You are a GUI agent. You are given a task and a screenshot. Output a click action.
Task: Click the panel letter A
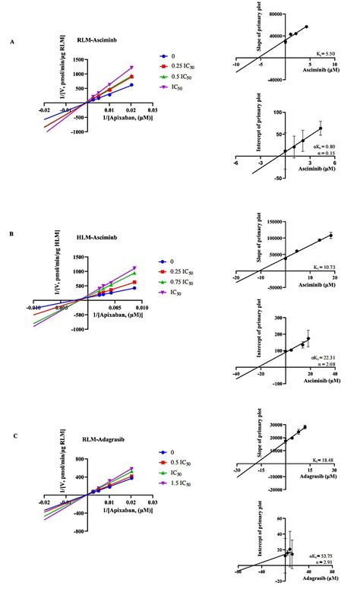11,42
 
